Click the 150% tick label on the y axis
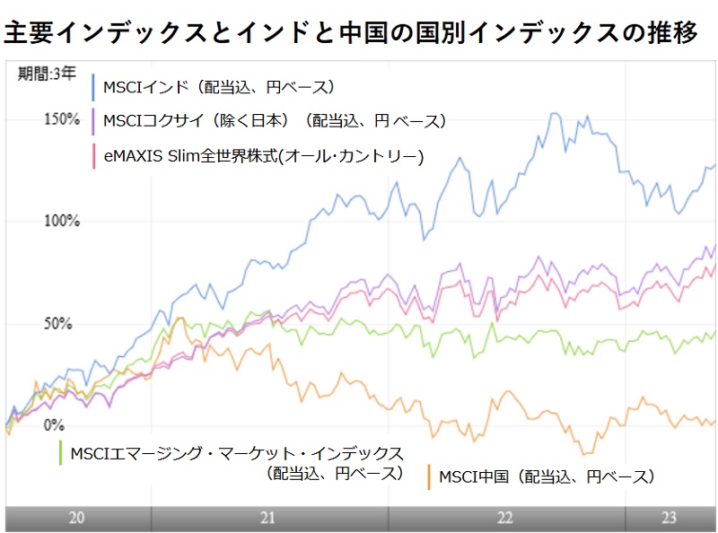[x=62, y=119]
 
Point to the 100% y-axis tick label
[x=62, y=221]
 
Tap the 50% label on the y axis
[x=57, y=323]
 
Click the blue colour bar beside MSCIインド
[x=94, y=87]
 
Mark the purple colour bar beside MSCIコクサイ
[x=94, y=120]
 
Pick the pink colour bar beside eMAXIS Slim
[x=94, y=156]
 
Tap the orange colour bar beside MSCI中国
[x=430, y=476]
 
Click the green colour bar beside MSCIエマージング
[x=59, y=452]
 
